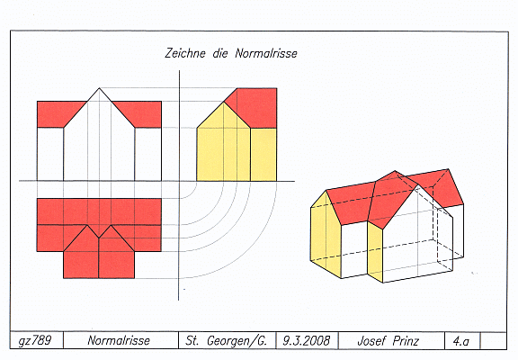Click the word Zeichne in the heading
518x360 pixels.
[185, 53]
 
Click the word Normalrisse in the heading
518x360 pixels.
[266, 53]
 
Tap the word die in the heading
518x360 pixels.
[220, 53]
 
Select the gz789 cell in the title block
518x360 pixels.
[35, 340]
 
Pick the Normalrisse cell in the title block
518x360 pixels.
[119, 340]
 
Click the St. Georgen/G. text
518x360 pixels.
[227, 340]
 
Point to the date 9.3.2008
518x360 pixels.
[307, 340]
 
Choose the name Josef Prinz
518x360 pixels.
[388, 340]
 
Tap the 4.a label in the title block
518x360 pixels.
[461, 340]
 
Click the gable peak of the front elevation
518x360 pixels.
[99, 88]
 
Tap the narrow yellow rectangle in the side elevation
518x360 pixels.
[263, 155]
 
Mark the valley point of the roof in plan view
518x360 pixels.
[99, 238]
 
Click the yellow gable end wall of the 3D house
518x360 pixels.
[325, 231]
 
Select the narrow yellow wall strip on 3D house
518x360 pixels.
[375, 251]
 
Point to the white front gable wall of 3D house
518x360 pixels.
[418, 237]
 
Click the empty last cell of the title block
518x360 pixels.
[493, 340]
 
